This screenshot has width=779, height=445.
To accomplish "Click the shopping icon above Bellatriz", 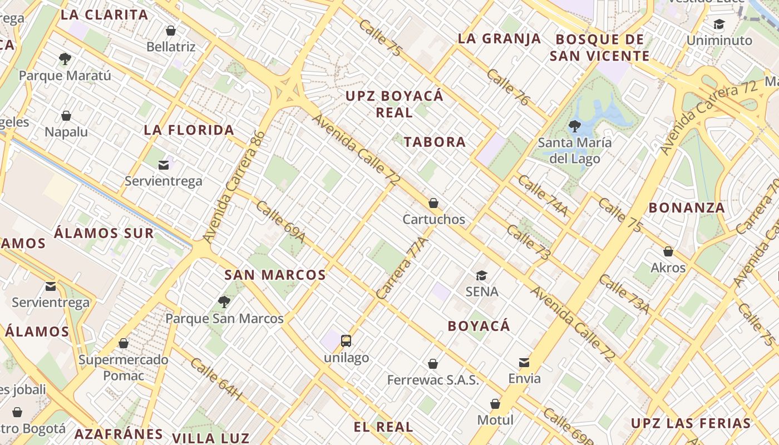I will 171,31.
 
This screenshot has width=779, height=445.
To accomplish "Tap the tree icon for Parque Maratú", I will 65,59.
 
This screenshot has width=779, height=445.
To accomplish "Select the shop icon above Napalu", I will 66,116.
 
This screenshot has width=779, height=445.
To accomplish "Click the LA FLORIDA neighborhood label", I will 189,130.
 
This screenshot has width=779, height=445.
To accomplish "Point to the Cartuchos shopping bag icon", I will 433,204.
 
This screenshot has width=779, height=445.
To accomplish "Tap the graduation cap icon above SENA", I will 481,275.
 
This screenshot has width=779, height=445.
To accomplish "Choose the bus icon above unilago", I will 346,341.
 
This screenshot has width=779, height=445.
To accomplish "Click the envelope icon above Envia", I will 524,363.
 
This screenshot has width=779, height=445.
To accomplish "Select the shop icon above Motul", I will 495,404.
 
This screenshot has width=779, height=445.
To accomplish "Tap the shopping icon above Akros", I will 668,251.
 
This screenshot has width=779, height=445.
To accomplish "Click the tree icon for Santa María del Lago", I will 575,126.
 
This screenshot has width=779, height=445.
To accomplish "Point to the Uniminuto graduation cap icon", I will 719,24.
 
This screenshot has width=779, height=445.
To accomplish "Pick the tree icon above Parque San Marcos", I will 224,302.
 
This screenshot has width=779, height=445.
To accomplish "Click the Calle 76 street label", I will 508,87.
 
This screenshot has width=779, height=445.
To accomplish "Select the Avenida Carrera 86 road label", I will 234,186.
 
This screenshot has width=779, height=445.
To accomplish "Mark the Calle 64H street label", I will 217,379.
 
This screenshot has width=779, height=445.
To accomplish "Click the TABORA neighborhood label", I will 435,142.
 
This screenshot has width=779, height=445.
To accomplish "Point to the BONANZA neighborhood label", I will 687,208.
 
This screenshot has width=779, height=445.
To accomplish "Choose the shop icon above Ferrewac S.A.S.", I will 433,364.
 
